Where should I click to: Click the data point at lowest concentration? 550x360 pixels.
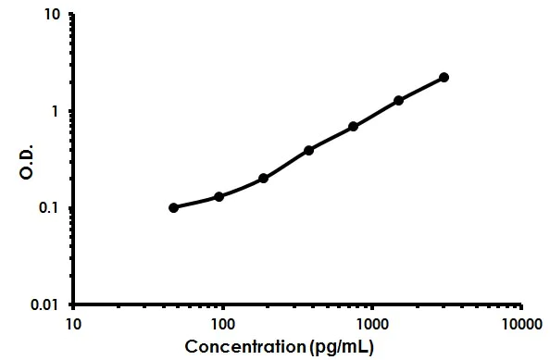(x=174, y=207)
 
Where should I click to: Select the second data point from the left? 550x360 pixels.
(x=219, y=196)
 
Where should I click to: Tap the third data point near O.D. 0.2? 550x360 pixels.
(x=264, y=178)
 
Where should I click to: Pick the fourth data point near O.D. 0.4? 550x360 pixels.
(x=308, y=150)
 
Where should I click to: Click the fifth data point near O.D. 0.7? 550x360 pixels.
(x=354, y=126)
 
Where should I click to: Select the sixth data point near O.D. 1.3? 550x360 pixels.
(x=399, y=100)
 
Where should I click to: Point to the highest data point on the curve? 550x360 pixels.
(x=444, y=77)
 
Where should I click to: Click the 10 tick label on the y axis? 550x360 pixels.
(x=55, y=16)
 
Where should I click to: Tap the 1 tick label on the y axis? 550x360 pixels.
(x=58, y=111)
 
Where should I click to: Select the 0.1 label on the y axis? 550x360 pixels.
(x=52, y=208)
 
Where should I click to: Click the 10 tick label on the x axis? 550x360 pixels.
(x=72, y=324)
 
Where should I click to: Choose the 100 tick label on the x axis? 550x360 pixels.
(x=222, y=324)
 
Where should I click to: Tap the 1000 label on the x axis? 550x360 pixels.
(x=372, y=324)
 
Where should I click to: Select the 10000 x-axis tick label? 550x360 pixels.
(x=522, y=324)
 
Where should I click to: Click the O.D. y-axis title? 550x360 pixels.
(x=27, y=160)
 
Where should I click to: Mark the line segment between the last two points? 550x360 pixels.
(x=421, y=88)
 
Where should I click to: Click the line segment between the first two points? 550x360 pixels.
(x=196, y=203)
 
